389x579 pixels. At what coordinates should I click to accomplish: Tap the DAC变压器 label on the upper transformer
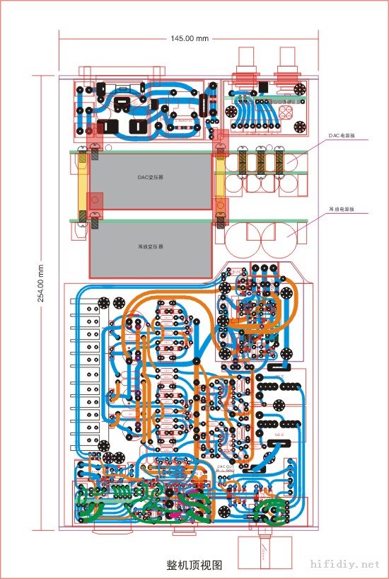[x=150, y=178]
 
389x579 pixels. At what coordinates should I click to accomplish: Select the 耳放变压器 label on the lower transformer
[x=150, y=247]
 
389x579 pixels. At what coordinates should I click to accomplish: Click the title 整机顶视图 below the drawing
[x=194, y=566]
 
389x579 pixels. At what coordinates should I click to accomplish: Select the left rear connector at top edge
[x=248, y=64]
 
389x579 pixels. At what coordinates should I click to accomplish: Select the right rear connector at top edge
[x=288, y=64]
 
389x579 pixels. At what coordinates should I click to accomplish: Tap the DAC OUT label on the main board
[x=225, y=467]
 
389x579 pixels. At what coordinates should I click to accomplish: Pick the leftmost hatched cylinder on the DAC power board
[x=243, y=161]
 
